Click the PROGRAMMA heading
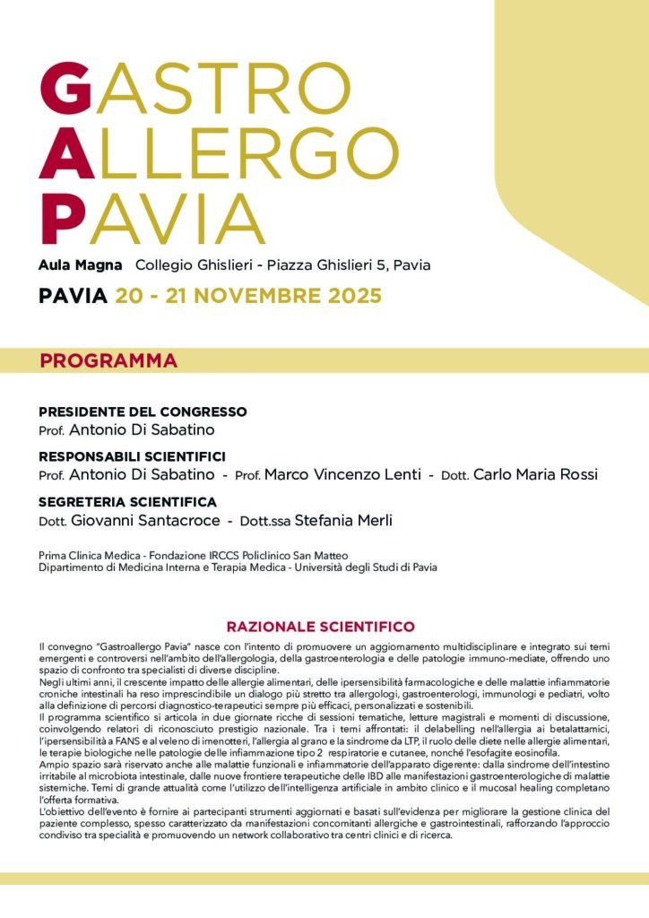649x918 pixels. pyautogui.click(x=108, y=361)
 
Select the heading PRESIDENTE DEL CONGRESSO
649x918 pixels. pyautogui.click(x=143, y=411)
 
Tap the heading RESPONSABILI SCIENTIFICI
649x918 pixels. pyautogui.click(x=132, y=456)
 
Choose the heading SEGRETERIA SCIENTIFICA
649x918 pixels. pyautogui.click(x=127, y=502)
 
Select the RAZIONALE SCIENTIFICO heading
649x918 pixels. pyautogui.click(x=320, y=627)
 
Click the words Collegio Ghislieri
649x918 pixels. pyautogui.click(x=188, y=265)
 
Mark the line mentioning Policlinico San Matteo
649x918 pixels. pyautogui.click(x=193, y=556)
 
